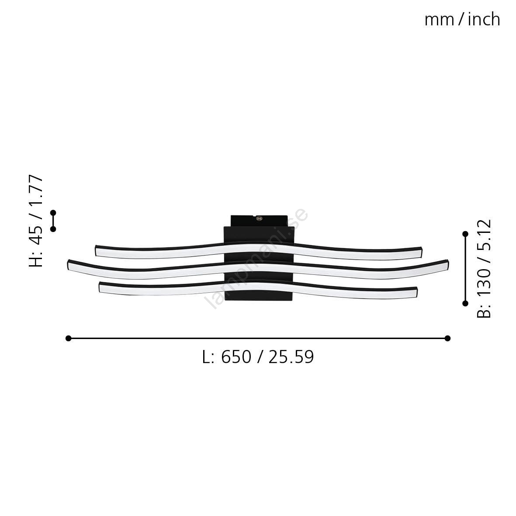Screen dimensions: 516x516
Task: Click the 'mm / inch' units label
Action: point(462,19)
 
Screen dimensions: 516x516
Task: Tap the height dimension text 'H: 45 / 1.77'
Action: point(36,221)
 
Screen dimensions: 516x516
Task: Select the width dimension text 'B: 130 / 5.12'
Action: point(484,268)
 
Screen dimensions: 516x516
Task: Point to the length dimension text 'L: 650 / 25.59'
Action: point(258,357)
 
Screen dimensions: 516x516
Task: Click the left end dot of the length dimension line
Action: point(69,338)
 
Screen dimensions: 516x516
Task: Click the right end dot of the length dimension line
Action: point(447,338)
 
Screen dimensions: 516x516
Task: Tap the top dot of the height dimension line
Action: point(53,213)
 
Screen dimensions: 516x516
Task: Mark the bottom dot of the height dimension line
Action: point(53,229)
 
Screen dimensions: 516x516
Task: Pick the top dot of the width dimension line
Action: point(465,234)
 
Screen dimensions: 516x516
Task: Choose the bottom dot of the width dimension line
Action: point(465,303)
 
